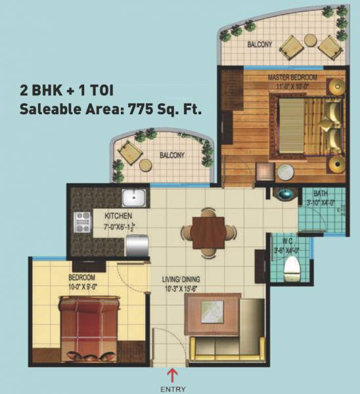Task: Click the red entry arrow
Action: (x=173, y=374)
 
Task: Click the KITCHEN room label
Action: (x=118, y=216)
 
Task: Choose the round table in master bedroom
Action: (x=285, y=173)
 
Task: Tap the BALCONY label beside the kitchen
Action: (x=171, y=156)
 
